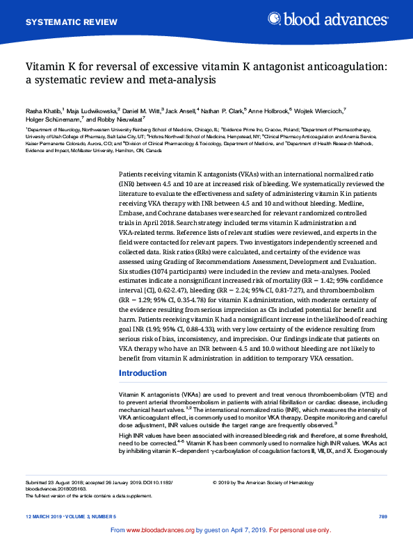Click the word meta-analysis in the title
coord(179,79)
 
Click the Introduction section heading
coord(143,374)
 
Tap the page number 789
coord(382,518)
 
